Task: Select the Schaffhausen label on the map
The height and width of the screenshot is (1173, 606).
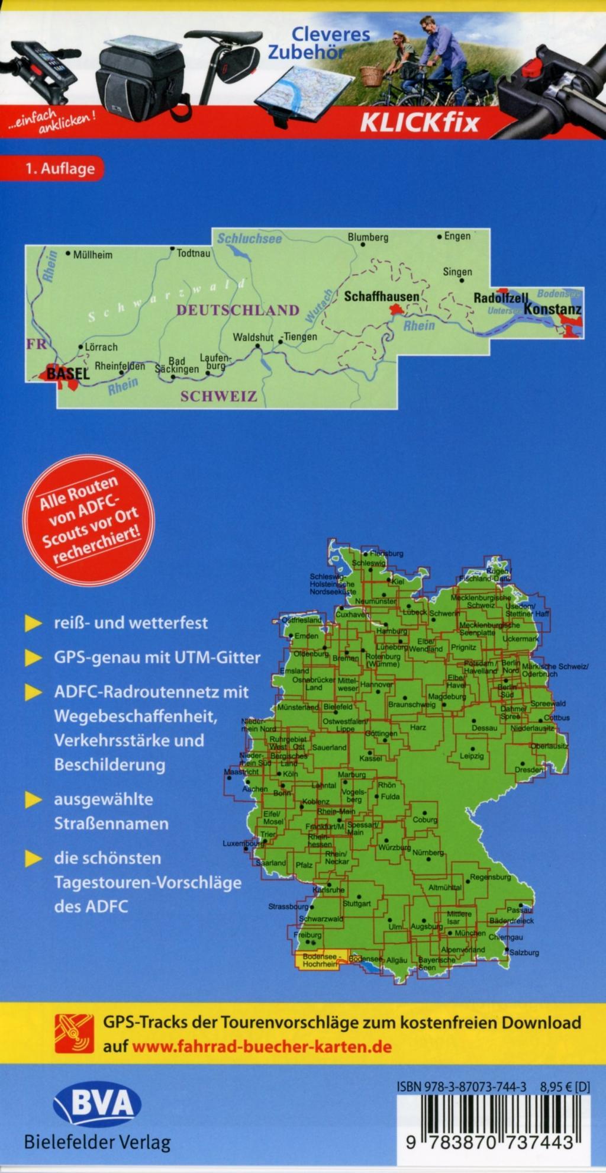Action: tap(381, 296)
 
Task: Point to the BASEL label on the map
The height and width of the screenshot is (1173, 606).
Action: tap(67, 374)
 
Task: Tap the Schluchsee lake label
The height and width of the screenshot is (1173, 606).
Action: tap(249, 239)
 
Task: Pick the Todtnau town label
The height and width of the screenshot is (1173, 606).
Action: tap(194, 253)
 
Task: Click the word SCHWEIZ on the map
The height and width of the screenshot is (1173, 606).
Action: tap(218, 396)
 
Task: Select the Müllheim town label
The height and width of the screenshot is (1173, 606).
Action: tap(93, 255)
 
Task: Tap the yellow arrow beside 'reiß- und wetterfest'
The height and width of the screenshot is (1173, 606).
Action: tap(34, 624)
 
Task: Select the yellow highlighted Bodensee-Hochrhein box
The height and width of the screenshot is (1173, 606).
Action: tap(318, 960)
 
